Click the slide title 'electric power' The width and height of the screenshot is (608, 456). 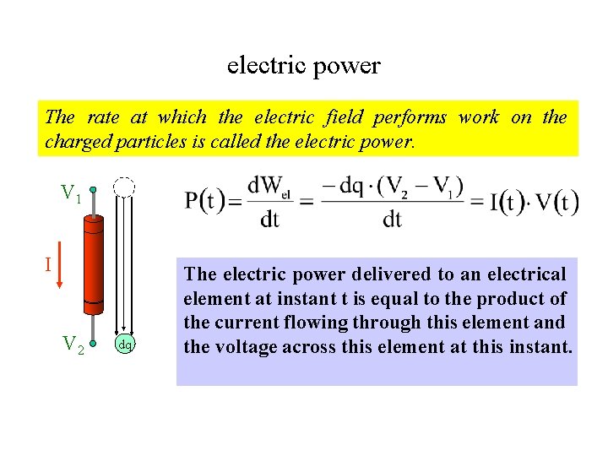pyautogui.click(x=303, y=65)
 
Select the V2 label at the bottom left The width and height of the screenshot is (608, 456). pyautogui.click(x=73, y=344)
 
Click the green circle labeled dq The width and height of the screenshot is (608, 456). pyautogui.click(x=124, y=344)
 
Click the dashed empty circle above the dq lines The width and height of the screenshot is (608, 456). pyautogui.click(x=124, y=187)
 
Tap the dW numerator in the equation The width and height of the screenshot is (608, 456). pyautogui.click(x=270, y=185)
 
